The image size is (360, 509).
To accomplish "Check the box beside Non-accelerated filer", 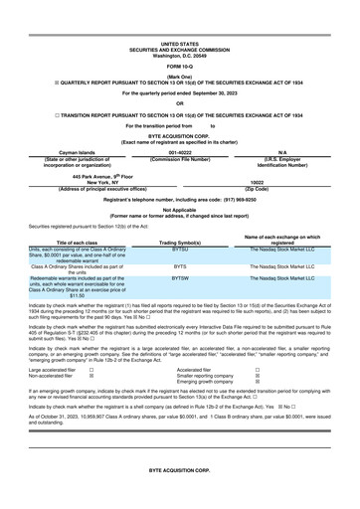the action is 92,373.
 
